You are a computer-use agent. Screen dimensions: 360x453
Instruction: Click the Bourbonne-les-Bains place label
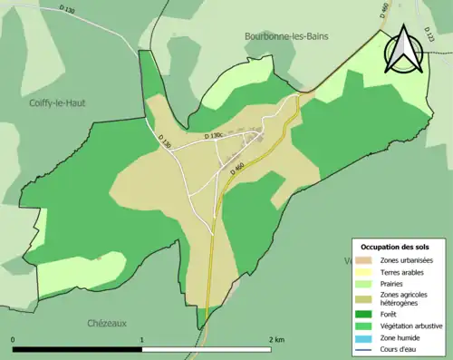point(285,36)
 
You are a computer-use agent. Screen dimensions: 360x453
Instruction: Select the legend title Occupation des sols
point(402,246)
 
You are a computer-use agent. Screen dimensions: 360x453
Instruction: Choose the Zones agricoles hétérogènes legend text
point(404,299)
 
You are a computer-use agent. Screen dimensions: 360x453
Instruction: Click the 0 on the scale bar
point(14,340)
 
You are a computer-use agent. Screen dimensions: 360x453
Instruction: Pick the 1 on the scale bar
point(142,340)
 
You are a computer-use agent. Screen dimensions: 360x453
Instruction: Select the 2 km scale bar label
point(277,340)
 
